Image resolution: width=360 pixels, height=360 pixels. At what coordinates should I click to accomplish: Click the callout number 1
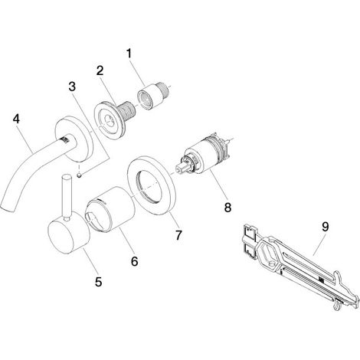[129, 54]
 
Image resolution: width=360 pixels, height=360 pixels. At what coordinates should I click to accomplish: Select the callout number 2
[100, 70]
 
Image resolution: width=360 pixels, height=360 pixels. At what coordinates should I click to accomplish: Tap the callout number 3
[72, 87]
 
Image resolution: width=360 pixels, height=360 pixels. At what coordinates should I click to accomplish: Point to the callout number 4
[17, 119]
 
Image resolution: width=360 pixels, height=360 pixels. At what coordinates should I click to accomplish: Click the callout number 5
[98, 282]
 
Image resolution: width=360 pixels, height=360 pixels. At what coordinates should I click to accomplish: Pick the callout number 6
[135, 261]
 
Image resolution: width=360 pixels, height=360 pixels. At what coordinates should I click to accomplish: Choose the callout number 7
[178, 235]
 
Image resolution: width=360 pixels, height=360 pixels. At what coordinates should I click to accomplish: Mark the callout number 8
[227, 207]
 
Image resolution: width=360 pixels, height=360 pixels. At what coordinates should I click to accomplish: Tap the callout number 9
[325, 227]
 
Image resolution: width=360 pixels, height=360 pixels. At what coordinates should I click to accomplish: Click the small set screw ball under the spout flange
[80, 175]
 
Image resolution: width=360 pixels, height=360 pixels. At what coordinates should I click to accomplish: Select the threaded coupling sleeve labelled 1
[152, 96]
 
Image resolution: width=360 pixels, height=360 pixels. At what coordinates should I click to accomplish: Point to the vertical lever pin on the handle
[67, 197]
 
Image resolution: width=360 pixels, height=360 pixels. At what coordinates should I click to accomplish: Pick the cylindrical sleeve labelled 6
[110, 210]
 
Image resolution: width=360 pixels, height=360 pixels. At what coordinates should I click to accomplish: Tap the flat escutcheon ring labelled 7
[151, 185]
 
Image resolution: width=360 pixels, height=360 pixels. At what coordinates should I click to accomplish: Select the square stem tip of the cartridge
[180, 169]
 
